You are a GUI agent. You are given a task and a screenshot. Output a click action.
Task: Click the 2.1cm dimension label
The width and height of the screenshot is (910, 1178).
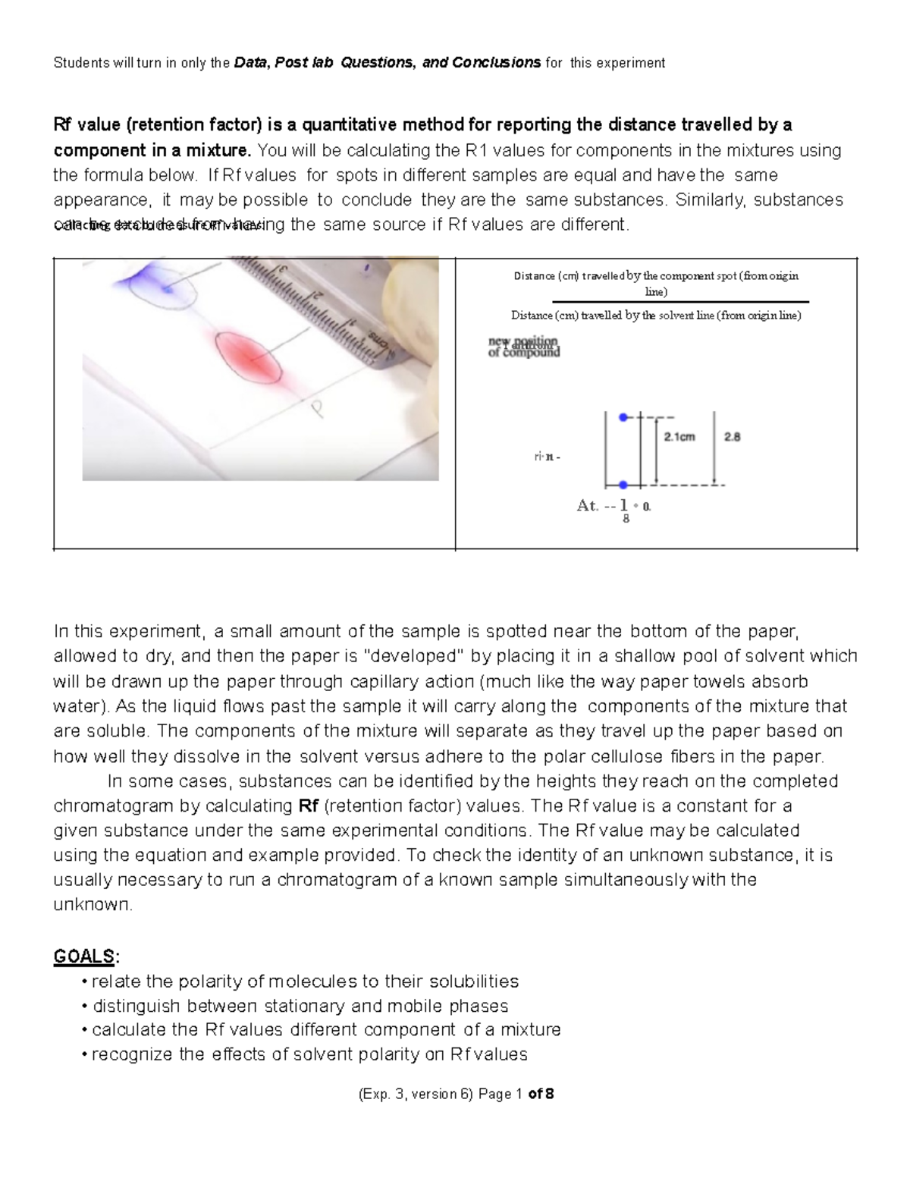click(x=679, y=437)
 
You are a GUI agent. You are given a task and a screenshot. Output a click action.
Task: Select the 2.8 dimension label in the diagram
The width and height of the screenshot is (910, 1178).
click(x=732, y=437)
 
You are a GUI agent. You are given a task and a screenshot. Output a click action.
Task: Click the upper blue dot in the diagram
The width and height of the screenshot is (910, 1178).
click(x=623, y=417)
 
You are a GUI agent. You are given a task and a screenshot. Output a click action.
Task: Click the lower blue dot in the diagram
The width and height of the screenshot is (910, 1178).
click(x=623, y=485)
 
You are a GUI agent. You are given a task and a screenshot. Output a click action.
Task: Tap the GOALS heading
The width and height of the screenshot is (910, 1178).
click(x=83, y=957)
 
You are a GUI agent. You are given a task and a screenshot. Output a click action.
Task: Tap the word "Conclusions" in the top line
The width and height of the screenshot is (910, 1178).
click(x=496, y=63)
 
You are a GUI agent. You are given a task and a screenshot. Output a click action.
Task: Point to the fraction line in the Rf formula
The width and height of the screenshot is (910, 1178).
click(x=655, y=302)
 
